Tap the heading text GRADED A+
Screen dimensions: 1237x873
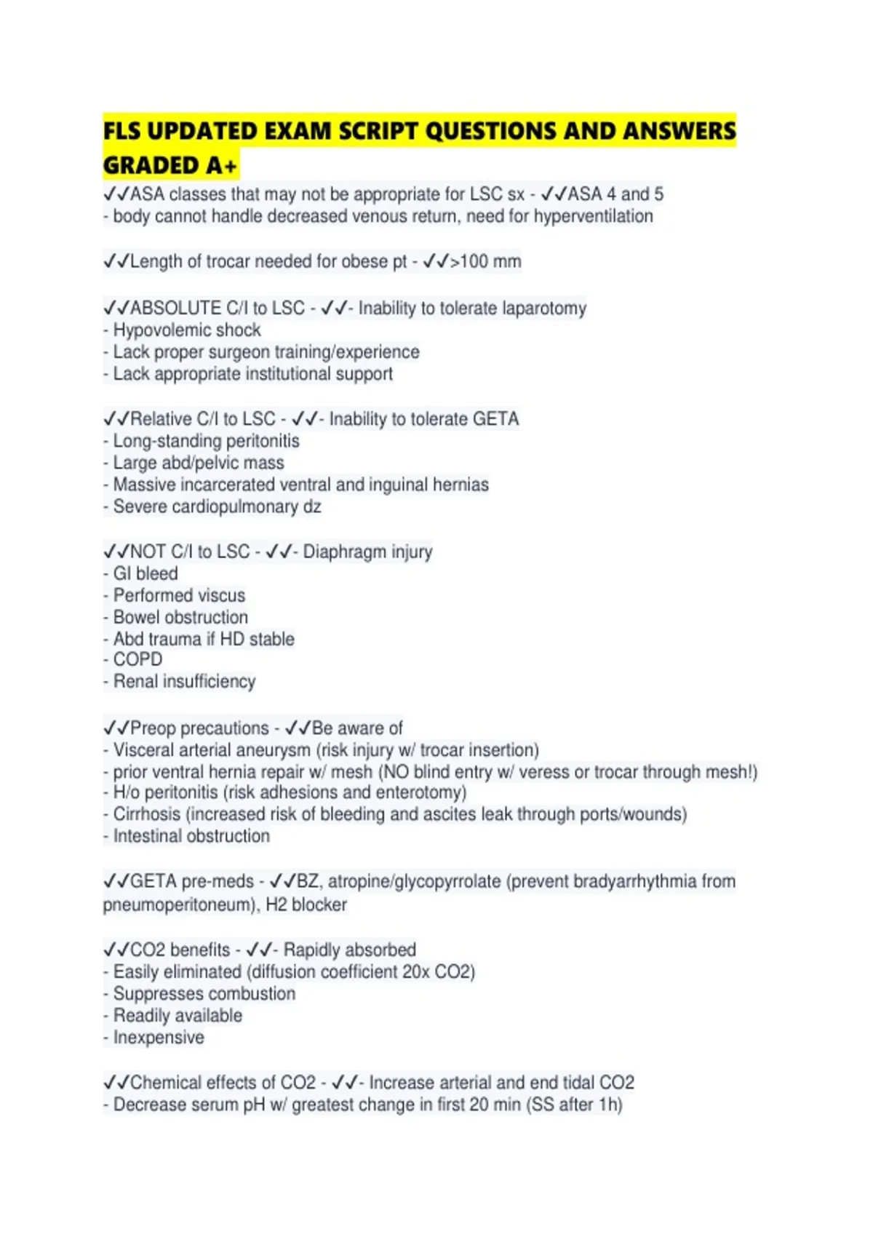point(170,166)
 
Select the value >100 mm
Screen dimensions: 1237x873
point(485,261)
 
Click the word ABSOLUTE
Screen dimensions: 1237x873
point(175,309)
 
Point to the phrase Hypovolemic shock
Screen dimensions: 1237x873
point(187,330)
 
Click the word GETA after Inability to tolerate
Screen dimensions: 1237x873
point(495,419)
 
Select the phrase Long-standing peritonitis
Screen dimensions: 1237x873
point(206,441)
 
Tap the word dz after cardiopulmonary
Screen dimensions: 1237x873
point(312,506)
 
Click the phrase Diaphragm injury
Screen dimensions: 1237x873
point(367,552)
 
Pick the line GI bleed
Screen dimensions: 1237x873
point(145,573)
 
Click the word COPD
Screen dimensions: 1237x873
point(137,659)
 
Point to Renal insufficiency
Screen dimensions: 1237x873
point(184,681)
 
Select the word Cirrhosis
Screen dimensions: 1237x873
point(147,814)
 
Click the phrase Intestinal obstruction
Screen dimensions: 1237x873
point(191,836)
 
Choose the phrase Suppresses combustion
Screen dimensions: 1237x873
point(204,994)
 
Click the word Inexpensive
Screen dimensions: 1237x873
point(159,1038)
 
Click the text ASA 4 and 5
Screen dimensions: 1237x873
point(615,194)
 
